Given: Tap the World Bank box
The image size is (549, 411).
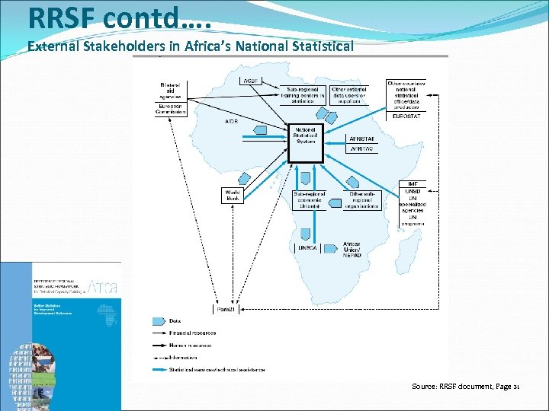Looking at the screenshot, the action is [x=233, y=196].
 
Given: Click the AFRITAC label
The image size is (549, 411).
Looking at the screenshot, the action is [x=361, y=150].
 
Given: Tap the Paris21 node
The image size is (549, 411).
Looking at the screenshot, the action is [x=223, y=308].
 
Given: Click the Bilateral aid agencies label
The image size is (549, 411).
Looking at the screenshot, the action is [x=169, y=91].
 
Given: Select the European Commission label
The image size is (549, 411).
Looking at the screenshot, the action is [x=170, y=109].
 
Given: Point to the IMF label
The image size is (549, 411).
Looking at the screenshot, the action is [x=412, y=184].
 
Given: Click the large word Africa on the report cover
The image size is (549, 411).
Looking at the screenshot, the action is [x=103, y=287].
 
